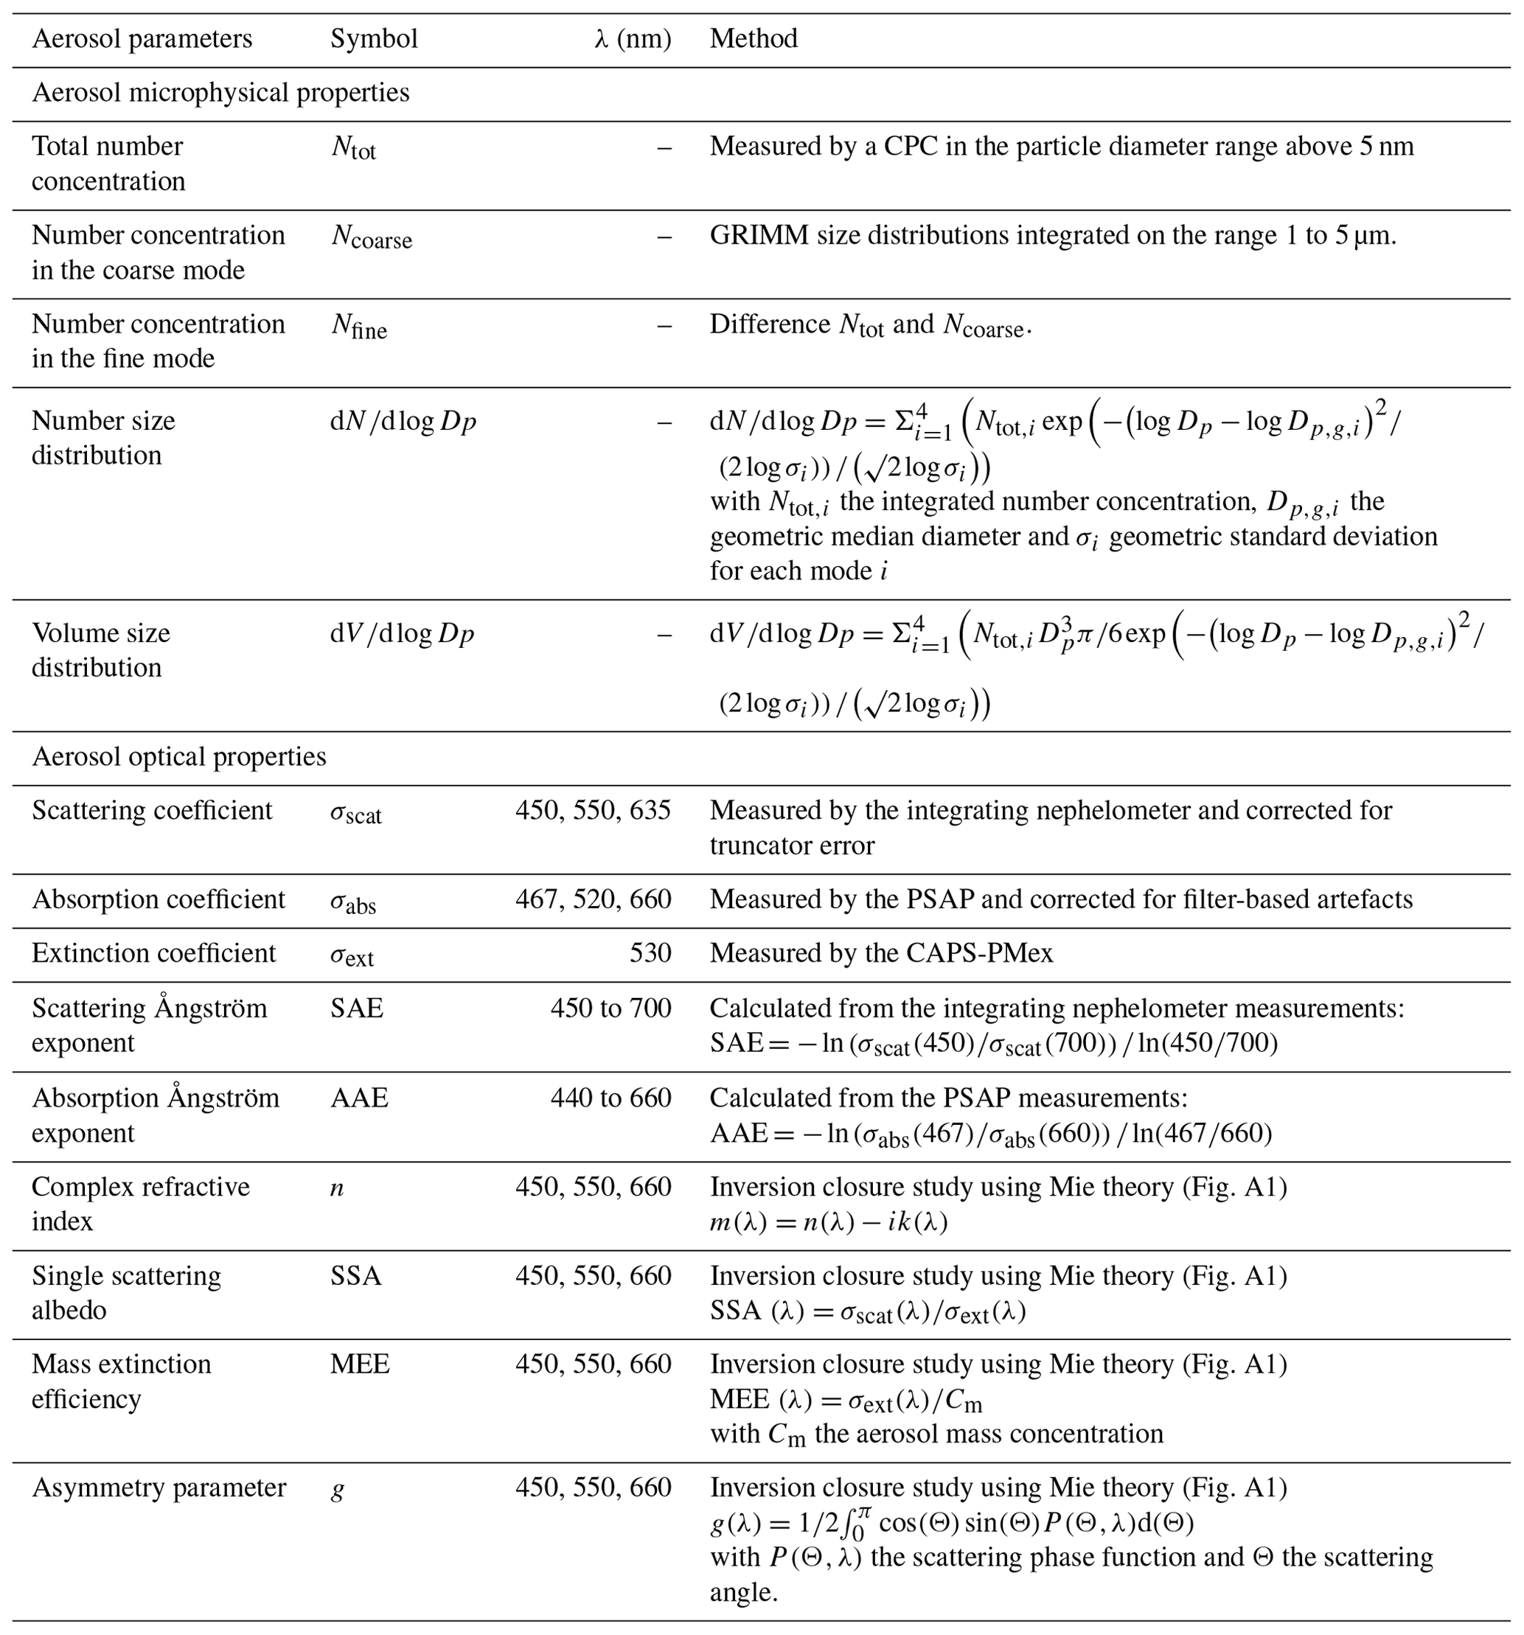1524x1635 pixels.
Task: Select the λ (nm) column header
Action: click(x=632, y=38)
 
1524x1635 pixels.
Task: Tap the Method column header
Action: click(x=754, y=38)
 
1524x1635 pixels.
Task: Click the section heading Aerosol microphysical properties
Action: click(x=220, y=92)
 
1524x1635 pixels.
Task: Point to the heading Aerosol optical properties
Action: click(x=178, y=756)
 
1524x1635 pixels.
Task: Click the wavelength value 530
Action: click(x=650, y=953)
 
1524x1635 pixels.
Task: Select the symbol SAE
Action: click(x=357, y=1008)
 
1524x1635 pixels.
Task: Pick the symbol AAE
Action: click(x=358, y=1098)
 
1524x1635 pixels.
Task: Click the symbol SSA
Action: click(x=356, y=1275)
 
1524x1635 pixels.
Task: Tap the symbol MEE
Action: click(x=359, y=1364)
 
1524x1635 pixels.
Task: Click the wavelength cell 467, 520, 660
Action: click(x=593, y=899)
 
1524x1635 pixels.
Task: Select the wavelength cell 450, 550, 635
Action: click(x=593, y=811)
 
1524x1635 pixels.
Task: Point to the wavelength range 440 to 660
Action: click(x=610, y=1098)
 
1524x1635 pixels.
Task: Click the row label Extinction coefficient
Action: click(x=154, y=953)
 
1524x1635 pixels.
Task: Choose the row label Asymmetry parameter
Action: click(x=159, y=1488)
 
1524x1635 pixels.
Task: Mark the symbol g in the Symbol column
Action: click(x=337, y=1490)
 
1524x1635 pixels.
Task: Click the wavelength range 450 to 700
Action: click(x=610, y=1008)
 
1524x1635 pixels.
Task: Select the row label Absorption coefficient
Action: click(x=159, y=899)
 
